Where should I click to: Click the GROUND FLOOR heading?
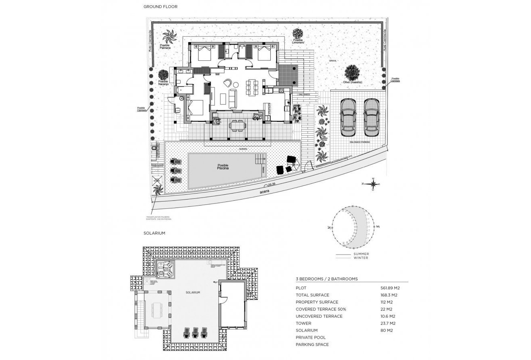point(161,7)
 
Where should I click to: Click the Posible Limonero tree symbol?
point(298,33)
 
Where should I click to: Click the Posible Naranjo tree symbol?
point(163,75)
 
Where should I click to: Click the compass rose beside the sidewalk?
point(373,184)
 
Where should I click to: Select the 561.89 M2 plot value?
point(390,288)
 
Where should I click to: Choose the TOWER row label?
point(304,323)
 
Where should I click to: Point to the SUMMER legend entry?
point(361,254)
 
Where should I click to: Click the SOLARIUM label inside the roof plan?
point(193,292)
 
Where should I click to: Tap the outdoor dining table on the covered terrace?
point(237,125)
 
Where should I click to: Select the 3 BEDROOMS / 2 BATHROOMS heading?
point(327,279)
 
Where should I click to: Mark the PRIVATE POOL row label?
point(311,337)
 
